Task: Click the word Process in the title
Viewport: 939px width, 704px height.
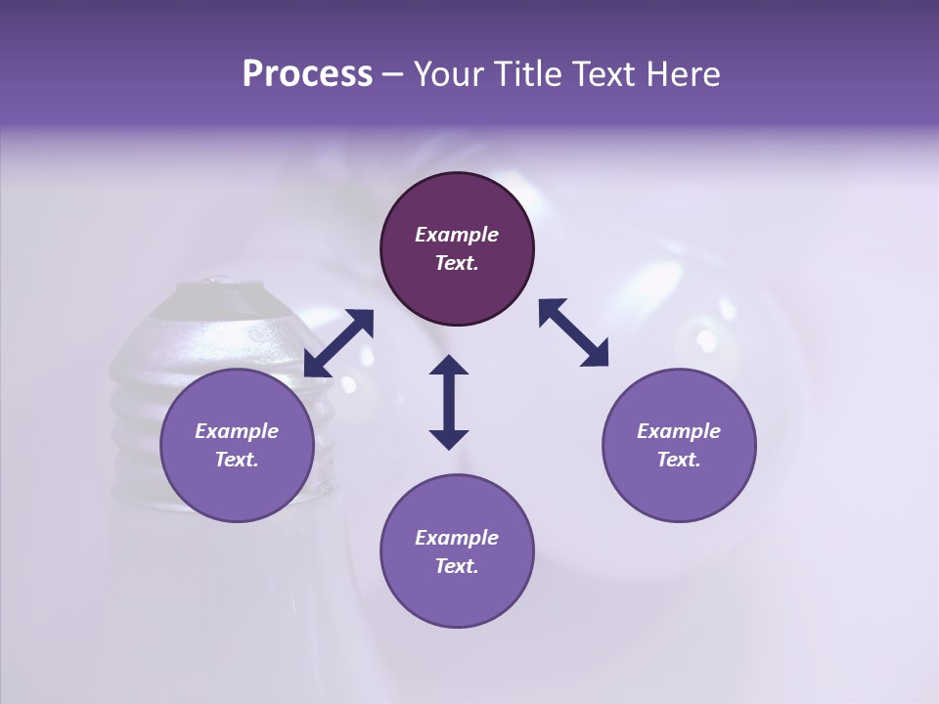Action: [307, 74]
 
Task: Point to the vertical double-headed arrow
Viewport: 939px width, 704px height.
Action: [449, 402]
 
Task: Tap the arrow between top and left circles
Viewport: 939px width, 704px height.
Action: [338, 343]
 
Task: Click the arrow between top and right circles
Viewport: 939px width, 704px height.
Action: [574, 332]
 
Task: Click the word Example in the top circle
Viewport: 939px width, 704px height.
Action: [457, 235]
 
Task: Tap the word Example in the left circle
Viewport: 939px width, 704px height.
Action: [237, 431]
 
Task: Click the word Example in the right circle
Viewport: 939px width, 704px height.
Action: [679, 431]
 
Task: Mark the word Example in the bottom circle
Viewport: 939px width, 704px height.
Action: [457, 538]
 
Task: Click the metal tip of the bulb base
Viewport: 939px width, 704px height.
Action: [221, 285]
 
